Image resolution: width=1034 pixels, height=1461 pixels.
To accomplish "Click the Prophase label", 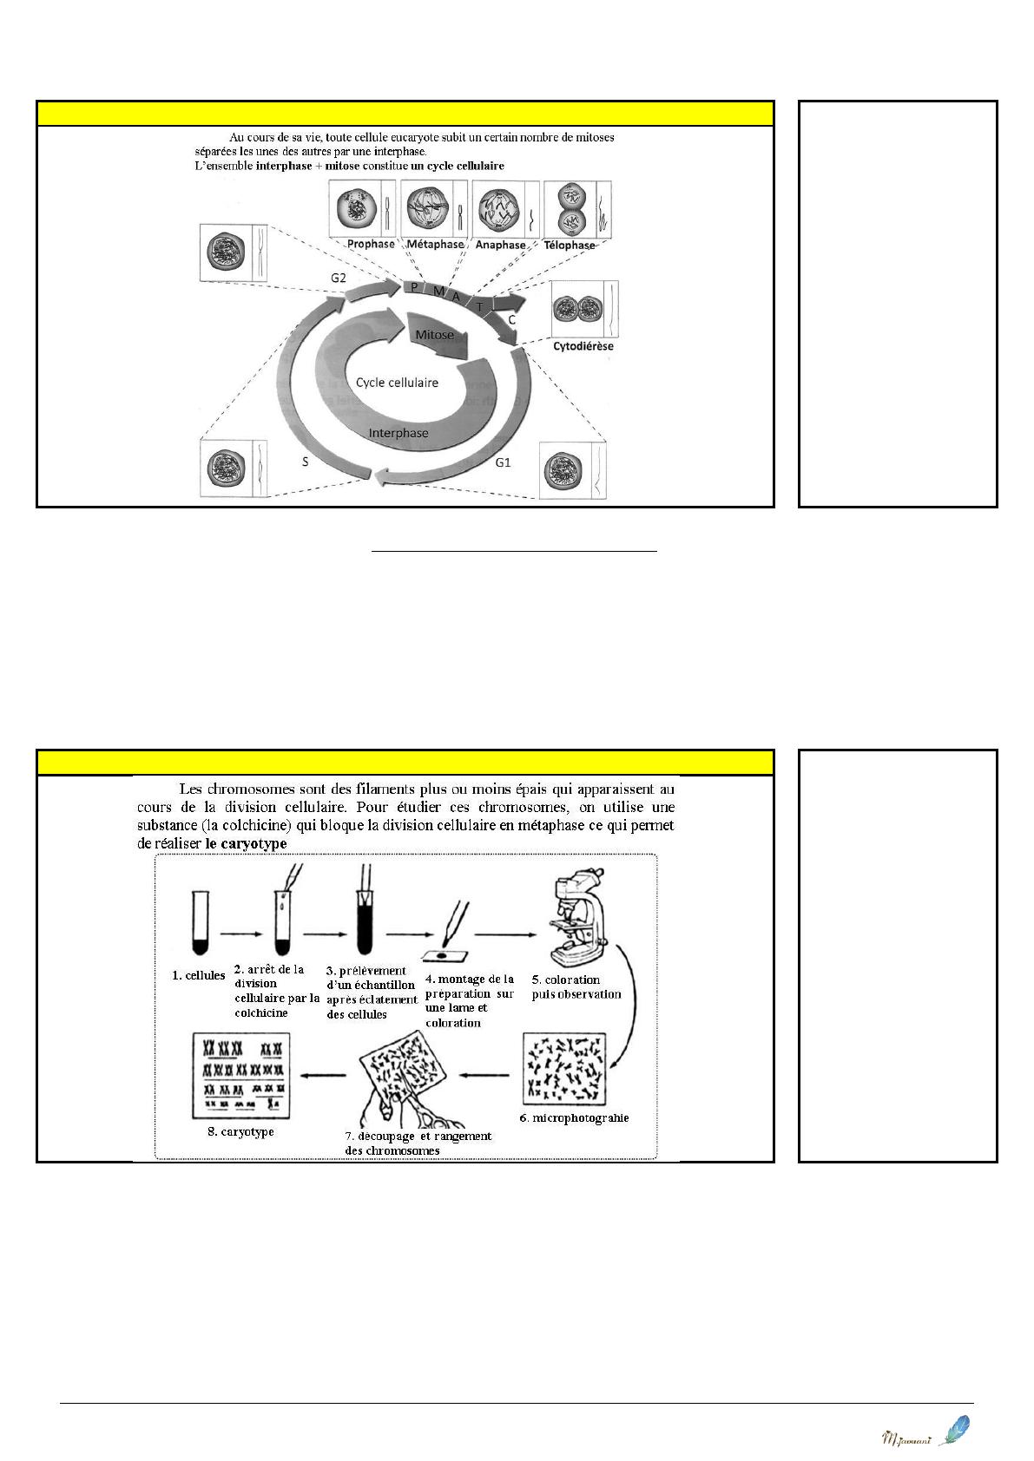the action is pyautogui.click(x=371, y=244).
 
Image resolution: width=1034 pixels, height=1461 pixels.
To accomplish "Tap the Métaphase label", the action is pyautogui.click(x=435, y=244).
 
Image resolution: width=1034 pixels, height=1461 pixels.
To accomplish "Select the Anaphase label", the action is pyautogui.click(x=500, y=245).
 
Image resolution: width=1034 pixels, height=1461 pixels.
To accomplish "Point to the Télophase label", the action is pyautogui.click(x=570, y=246).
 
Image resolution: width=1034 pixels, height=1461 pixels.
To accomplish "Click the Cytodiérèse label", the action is pyautogui.click(x=583, y=345).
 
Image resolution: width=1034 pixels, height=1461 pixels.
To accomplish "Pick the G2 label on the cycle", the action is pyautogui.click(x=338, y=278).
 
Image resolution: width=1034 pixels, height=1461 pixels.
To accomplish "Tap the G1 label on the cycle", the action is pyautogui.click(x=503, y=462).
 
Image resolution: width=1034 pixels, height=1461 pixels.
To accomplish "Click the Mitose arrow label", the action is pyautogui.click(x=434, y=335).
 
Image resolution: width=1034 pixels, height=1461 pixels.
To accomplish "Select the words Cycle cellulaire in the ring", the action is pyautogui.click(x=397, y=383).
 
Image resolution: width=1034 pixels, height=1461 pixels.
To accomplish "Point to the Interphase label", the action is pyautogui.click(x=398, y=433).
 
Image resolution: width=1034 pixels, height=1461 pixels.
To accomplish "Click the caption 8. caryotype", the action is pyautogui.click(x=240, y=1131).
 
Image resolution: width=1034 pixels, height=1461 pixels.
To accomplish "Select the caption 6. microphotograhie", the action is pyautogui.click(x=575, y=1118).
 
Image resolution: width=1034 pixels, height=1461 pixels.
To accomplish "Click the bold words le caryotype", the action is pyautogui.click(x=246, y=843).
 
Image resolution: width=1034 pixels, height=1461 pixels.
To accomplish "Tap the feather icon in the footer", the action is pyautogui.click(x=954, y=1430).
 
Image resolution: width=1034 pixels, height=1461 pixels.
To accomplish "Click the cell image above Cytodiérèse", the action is pyautogui.click(x=585, y=309).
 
